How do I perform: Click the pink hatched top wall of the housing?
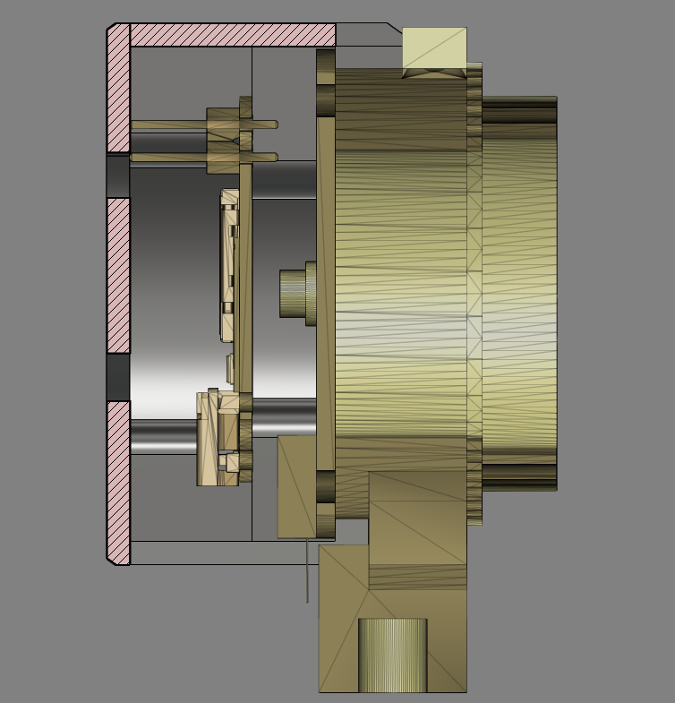233,35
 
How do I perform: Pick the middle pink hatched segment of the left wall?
118,275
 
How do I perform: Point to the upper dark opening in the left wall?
118,176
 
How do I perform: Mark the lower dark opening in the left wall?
118,377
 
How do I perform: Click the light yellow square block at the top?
434,50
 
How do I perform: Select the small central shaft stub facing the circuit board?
292,294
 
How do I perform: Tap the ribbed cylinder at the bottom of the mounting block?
392,655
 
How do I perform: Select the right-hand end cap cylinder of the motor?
519,293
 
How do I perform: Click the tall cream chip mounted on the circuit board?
229,265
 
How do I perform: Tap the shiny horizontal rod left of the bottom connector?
163,436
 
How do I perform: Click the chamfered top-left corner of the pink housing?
111,29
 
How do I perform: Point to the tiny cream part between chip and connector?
230,368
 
